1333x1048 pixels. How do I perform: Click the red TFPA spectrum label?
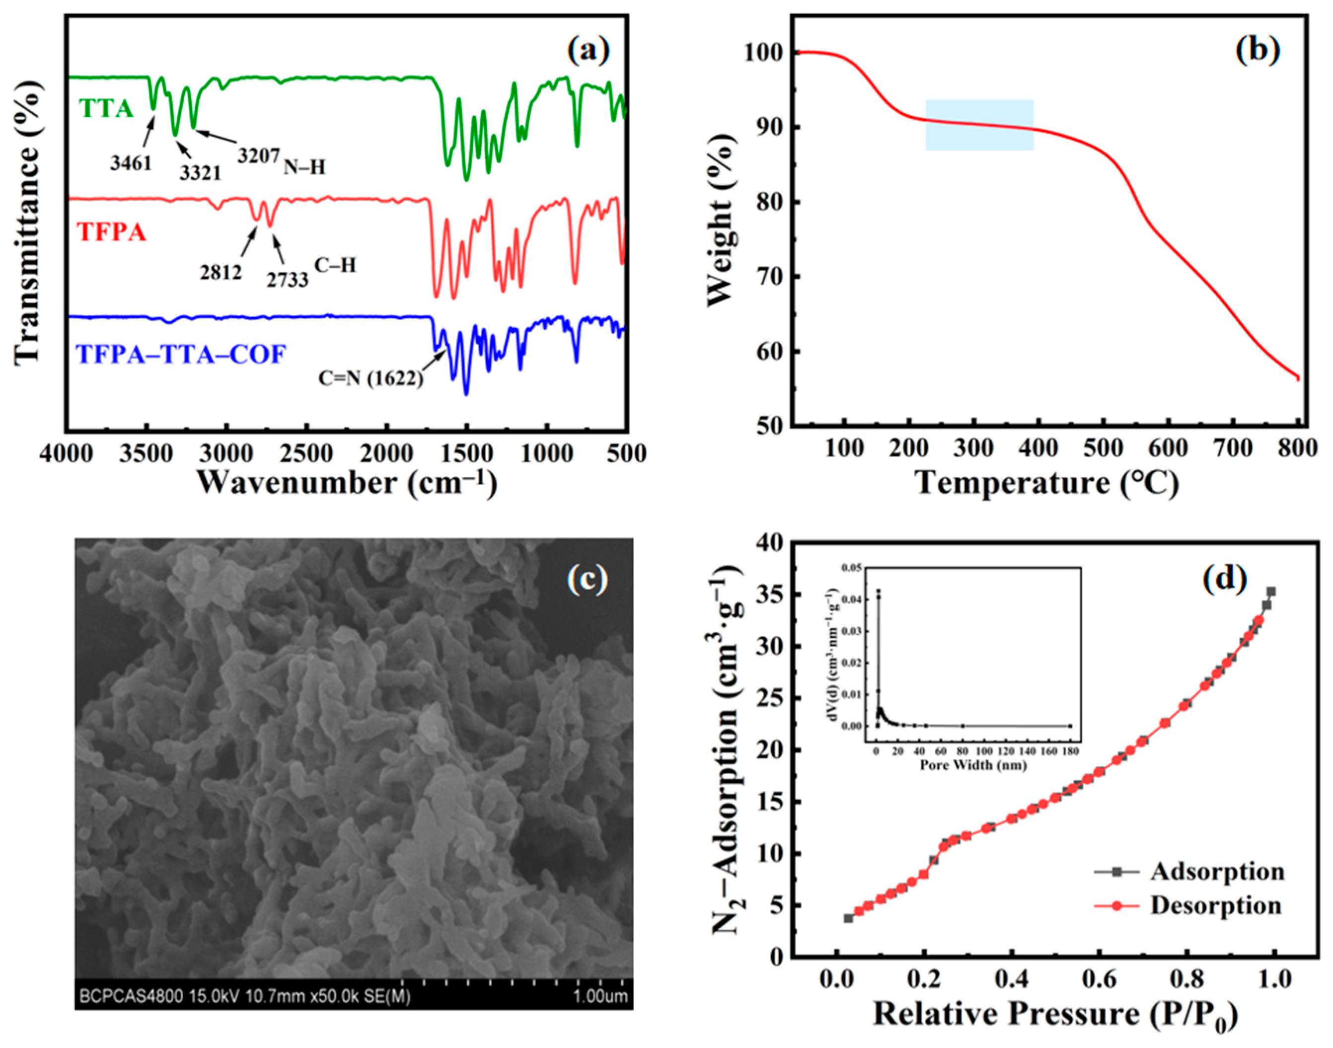112,232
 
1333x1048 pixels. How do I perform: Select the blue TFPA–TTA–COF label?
180,354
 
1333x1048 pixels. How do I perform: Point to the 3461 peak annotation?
131,162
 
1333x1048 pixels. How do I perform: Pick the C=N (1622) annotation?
370,378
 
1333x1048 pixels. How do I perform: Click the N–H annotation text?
304,166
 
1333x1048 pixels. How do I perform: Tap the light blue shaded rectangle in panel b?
980,125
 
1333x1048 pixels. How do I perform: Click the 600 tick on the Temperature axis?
1169,449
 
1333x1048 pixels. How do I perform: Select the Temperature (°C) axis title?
1047,483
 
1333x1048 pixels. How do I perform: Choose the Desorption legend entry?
1215,905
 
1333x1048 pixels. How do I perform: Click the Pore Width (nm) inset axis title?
973,766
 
